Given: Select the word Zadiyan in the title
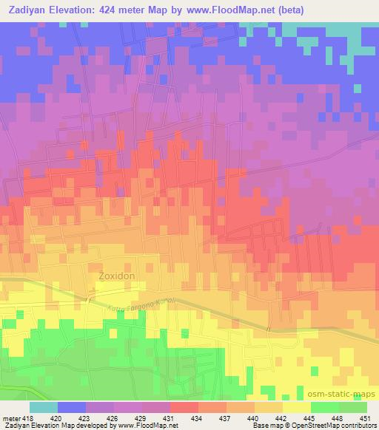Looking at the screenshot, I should coord(27,10).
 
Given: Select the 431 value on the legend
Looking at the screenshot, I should coord(169,419).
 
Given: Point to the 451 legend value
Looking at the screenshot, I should coord(365,419).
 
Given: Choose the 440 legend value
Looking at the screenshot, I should coord(253,419).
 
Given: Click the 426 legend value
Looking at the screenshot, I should coord(114,419).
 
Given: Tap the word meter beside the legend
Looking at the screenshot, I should coord(10,419).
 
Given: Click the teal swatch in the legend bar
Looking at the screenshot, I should coord(43,408).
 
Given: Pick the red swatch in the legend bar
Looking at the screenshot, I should coord(184,408).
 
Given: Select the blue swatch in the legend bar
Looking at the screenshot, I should coord(72,408).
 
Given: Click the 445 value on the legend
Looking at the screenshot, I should coord(309,419).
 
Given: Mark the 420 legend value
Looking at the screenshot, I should coord(58,419).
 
